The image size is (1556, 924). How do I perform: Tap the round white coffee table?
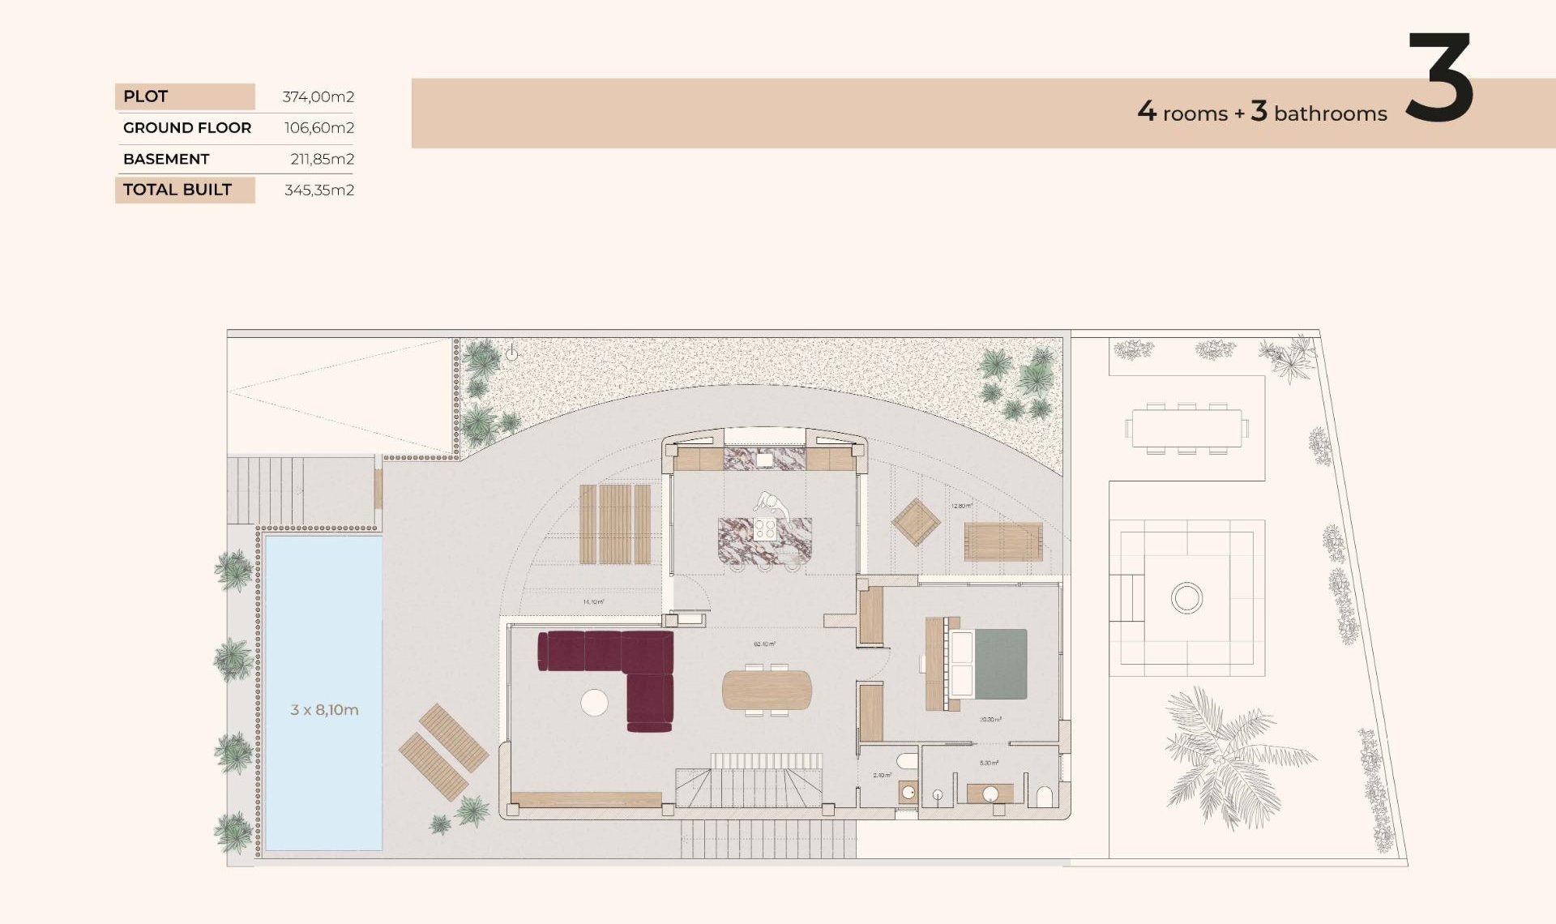click(594, 702)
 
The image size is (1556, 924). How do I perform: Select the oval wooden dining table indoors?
click(767, 690)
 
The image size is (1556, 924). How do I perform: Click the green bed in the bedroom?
click(999, 664)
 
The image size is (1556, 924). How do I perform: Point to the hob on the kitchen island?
click(765, 530)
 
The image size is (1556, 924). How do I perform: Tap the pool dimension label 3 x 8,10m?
click(324, 710)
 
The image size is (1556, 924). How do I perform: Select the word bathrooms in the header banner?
click(1330, 113)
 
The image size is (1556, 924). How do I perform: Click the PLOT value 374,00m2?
click(318, 96)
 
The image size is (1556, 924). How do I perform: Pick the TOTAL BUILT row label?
click(177, 190)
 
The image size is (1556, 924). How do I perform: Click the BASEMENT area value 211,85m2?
click(322, 159)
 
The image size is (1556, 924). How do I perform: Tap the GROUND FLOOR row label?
click(187, 127)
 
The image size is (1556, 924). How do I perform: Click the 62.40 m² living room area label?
click(764, 644)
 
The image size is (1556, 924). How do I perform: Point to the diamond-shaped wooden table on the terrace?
click(916, 522)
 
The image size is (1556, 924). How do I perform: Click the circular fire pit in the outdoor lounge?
click(1186, 598)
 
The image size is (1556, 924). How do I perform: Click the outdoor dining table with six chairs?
click(1187, 428)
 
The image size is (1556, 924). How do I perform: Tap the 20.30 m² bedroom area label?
click(990, 720)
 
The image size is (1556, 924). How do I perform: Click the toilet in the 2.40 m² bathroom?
click(907, 762)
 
